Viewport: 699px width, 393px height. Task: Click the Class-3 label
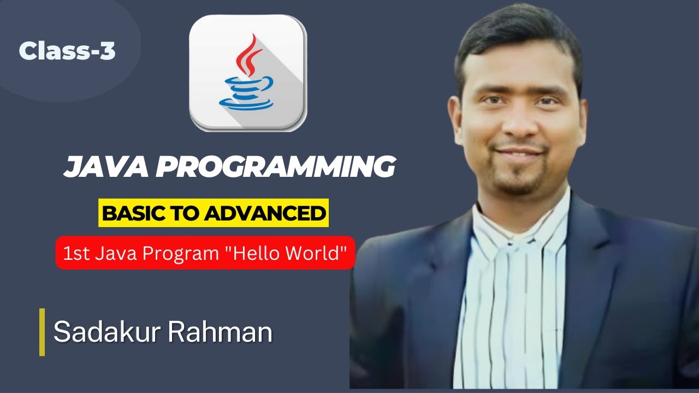tap(67, 51)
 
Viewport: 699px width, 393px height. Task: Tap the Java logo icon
tap(248, 73)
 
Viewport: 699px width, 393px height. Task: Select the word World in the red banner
tap(323, 253)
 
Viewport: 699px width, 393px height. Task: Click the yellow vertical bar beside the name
tap(42, 332)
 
